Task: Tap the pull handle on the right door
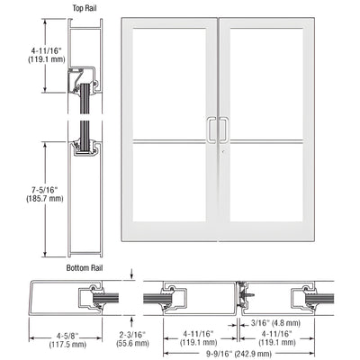coord(220,130)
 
